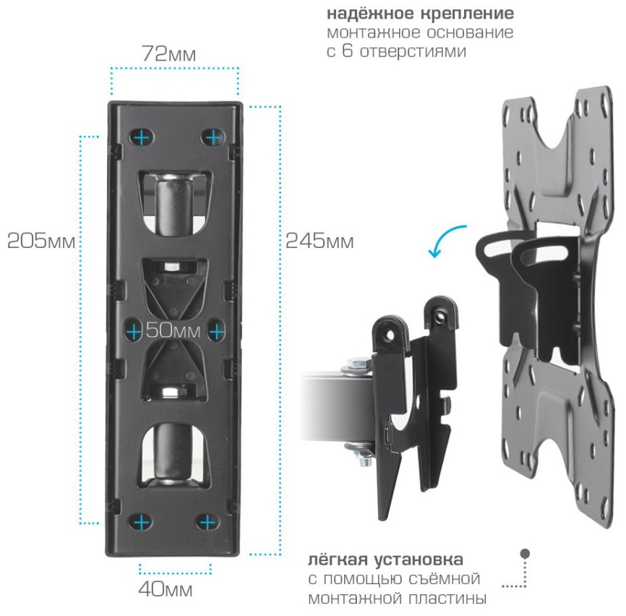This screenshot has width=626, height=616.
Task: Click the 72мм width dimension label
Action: [x=169, y=54]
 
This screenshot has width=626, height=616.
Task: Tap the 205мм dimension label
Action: [x=41, y=241]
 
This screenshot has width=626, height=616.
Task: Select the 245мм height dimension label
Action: [x=320, y=241]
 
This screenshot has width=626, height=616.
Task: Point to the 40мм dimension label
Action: [x=166, y=589]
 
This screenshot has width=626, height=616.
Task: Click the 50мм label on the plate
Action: [x=173, y=330]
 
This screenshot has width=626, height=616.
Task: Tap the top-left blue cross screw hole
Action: [x=142, y=138]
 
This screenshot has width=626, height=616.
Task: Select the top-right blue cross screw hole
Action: [x=213, y=138]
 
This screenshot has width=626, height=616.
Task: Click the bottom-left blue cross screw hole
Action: [x=141, y=522]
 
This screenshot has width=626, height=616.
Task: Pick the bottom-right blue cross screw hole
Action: [x=207, y=522]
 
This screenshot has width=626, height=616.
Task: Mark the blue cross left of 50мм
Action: [x=134, y=332]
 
